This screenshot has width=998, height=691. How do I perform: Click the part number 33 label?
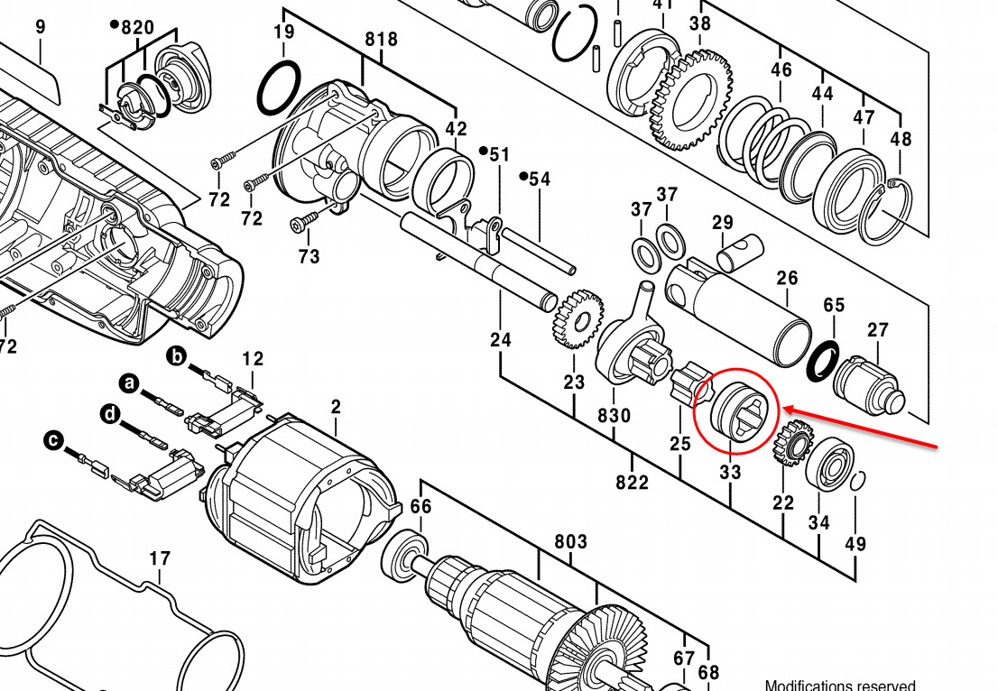(730, 472)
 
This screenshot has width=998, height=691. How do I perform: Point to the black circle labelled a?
(130, 385)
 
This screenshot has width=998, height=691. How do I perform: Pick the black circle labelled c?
(54, 441)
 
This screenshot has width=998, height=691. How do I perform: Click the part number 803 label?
(570, 541)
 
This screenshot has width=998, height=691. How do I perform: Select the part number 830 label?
(614, 418)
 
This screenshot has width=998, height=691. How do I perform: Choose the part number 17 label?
(160, 559)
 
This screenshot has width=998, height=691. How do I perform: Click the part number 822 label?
(632, 483)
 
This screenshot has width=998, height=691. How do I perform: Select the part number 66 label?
(421, 507)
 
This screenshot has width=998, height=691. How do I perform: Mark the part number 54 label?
(540, 180)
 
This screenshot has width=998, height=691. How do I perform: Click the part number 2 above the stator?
(336, 408)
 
